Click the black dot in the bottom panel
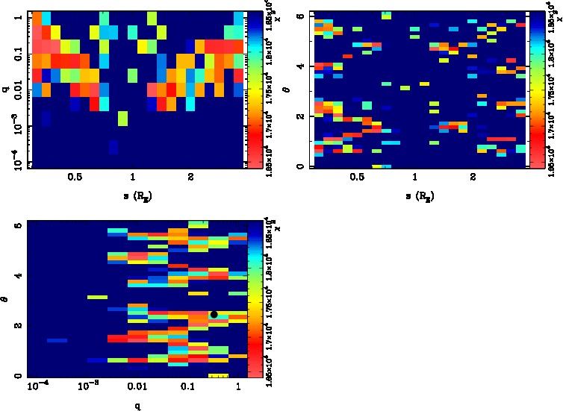click(x=214, y=314)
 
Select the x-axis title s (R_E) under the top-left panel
click(x=133, y=195)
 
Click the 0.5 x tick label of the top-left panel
click(x=75, y=179)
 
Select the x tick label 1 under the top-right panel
click(x=415, y=179)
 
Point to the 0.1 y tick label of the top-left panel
click(x=16, y=54)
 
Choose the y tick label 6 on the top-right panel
click(x=299, y=15)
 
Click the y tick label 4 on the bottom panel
click(x=16, y=276)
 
